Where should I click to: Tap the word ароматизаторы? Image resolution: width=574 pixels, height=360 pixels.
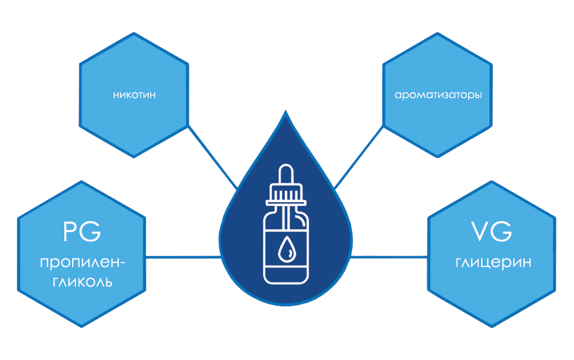pyautogui.click(x=438, y=95)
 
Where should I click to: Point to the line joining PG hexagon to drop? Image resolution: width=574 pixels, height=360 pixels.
pyautogui.click(x=182, y=257)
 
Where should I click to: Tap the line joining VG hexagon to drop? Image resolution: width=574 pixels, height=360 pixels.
pyautogui.click(x=390, y=257)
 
